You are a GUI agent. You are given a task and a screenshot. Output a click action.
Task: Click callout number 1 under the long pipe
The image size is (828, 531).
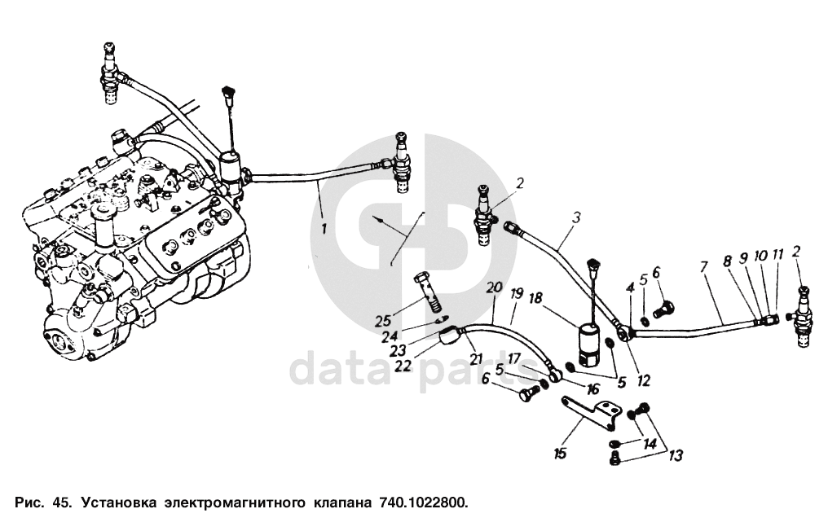(x=324, y=229)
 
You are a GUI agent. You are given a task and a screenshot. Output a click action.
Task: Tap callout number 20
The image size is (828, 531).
(x=491, y=287)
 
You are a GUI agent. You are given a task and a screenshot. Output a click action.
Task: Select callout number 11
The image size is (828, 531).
(x=777, y=255)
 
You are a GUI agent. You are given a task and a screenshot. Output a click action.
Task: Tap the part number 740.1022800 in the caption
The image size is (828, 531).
(x=421, y=502)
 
